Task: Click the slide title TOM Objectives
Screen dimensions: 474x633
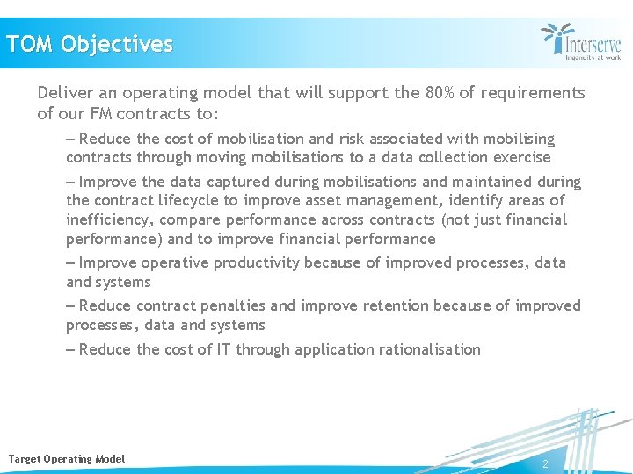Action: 90,44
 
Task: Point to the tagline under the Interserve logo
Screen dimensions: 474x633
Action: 593,57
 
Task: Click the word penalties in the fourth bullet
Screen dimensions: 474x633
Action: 232,305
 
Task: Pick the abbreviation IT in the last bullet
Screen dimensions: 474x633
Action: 224,349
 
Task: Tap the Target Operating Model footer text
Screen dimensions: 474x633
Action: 67,459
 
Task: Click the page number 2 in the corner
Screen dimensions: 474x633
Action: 545,463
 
